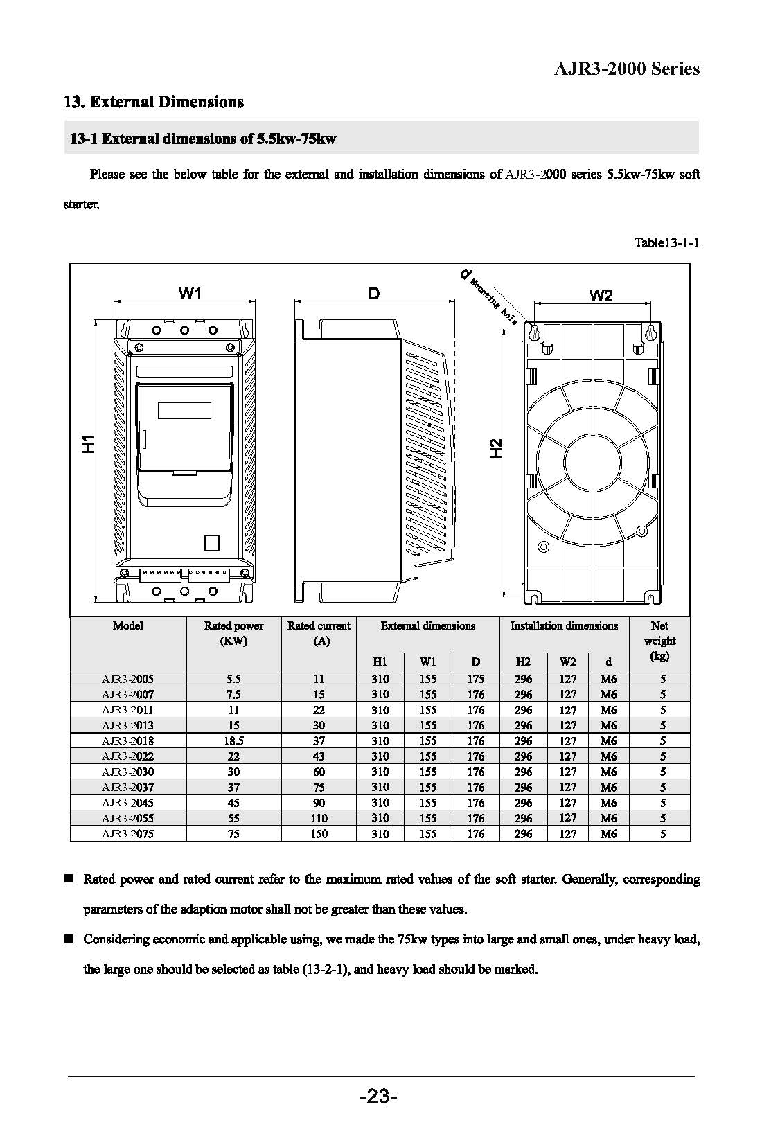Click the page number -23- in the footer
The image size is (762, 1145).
tap(378, 1097)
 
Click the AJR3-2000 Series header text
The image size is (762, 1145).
tap(627, 69)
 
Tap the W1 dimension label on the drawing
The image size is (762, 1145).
tap(190, 294)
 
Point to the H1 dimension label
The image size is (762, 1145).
tap(88, 444)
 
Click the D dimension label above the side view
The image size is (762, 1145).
tap(374, 294)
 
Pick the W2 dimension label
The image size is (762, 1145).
tap(601, 296)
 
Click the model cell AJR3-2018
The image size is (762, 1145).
tap(127, 741)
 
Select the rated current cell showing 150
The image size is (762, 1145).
tap(319, 834)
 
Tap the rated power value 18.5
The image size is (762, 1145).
tap(233, 741)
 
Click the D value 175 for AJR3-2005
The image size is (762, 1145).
tap(475, 680)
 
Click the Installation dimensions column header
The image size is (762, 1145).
tap(564, 626)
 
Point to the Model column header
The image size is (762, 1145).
tap(128, 626)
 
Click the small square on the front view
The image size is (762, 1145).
tap(212, 543)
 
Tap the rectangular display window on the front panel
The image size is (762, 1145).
tap(184, 411)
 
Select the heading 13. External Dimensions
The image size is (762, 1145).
tap(153, 103)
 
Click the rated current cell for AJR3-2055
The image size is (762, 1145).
tap(319, 818)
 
